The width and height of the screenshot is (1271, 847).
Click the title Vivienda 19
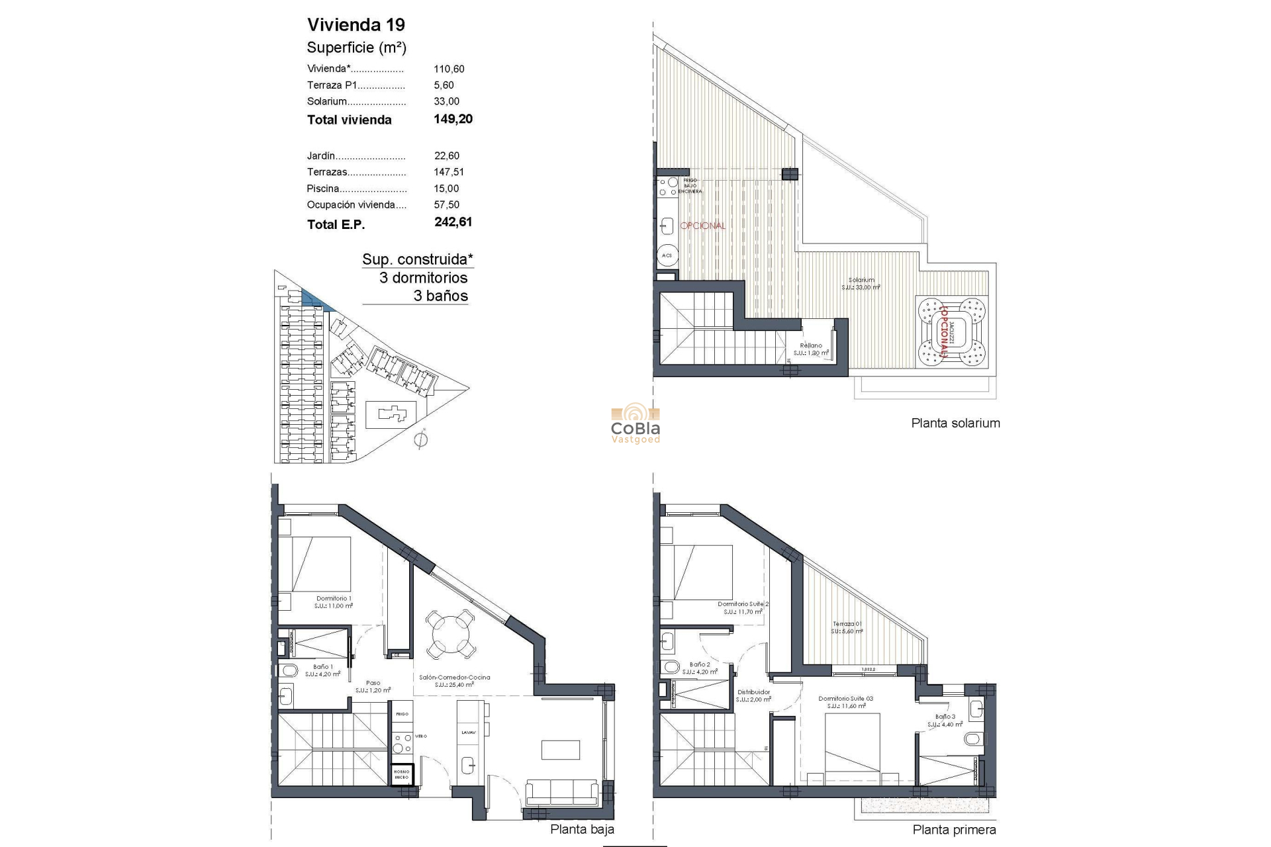355,25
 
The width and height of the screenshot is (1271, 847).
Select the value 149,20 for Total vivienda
453,119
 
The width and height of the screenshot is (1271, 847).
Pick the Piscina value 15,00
446,189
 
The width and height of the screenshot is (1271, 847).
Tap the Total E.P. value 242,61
453,222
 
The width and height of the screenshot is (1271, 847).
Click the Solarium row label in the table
327,101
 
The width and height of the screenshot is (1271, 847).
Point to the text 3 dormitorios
423,278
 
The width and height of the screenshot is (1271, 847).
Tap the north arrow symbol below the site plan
420,439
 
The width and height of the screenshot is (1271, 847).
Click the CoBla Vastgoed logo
635,423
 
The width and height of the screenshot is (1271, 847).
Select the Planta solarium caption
955,423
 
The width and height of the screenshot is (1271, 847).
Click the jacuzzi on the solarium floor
951,333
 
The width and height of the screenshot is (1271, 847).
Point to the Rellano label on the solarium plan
811,345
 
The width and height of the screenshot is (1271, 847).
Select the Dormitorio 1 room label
334,598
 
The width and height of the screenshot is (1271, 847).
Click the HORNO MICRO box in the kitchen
401,775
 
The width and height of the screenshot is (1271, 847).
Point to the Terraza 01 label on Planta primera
847,624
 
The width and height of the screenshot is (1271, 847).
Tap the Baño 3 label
945,717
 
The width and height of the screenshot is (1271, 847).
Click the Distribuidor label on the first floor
753,692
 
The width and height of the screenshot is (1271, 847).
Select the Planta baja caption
582,830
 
